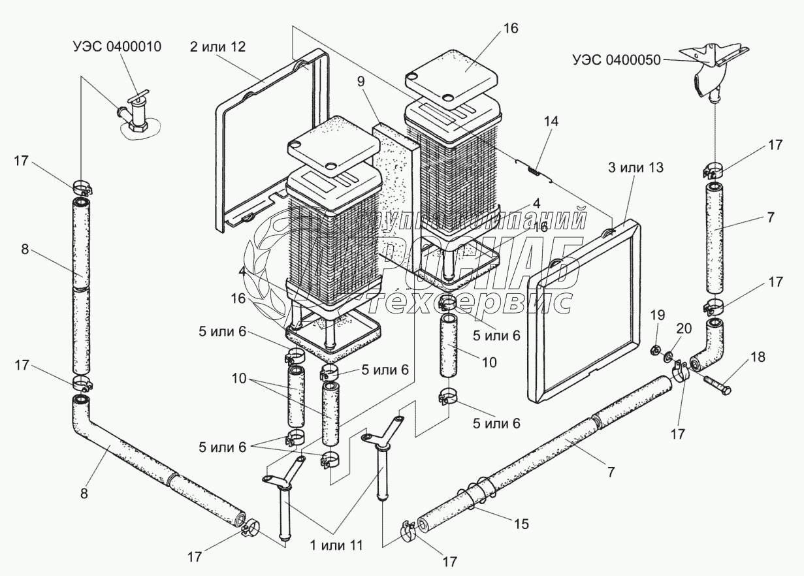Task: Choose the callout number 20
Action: click(684, 328)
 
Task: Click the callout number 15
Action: click(521, 523)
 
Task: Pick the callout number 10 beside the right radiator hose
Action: click(489, 361)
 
